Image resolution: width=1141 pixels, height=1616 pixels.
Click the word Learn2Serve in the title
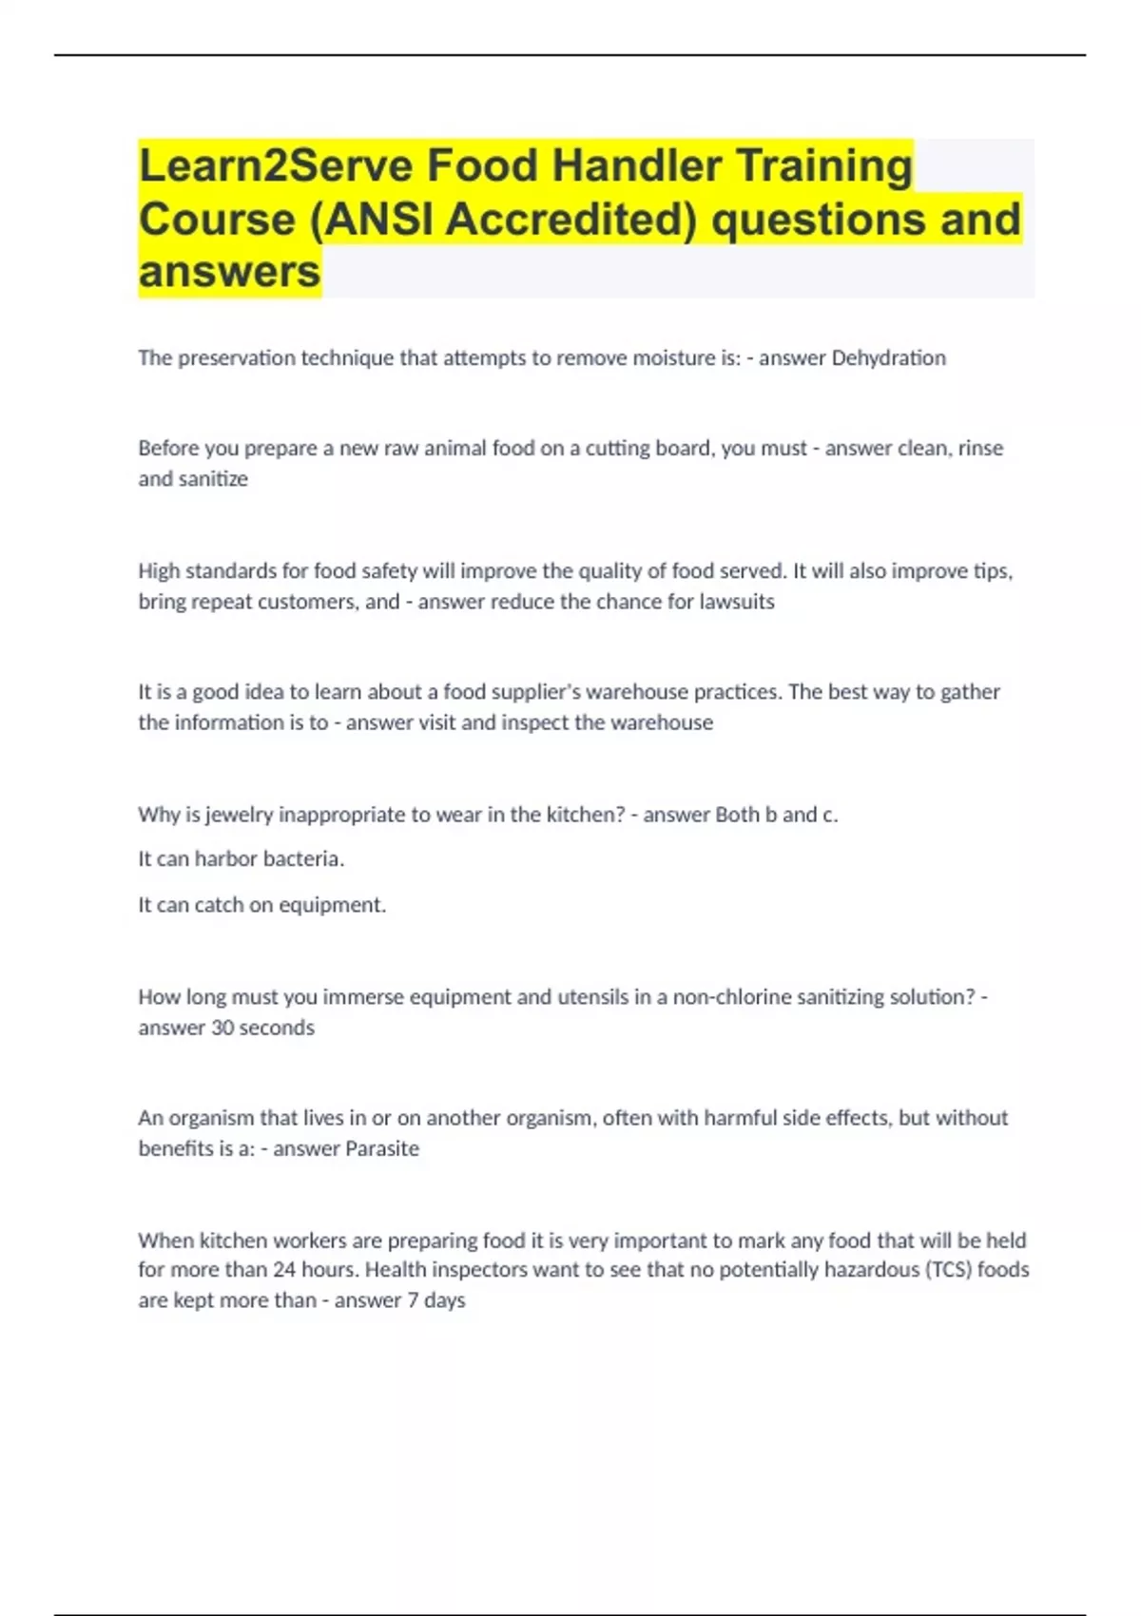[275, 165]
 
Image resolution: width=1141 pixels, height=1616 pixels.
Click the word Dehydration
[888, 357]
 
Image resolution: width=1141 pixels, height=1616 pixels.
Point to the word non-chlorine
[732, 996]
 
